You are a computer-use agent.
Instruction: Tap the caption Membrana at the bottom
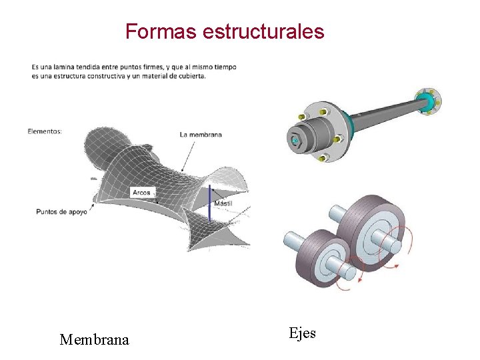pos(94,340)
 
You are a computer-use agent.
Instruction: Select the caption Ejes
pos(303,333)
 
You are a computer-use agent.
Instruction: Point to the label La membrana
pos(201,135)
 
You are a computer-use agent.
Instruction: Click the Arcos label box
pos(141,193)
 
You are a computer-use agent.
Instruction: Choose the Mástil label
pos(223,203)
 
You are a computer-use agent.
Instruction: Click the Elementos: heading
pos(45,131)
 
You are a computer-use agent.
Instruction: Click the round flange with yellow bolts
pos(321,132)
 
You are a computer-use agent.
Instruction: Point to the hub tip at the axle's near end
pos(294,139)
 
